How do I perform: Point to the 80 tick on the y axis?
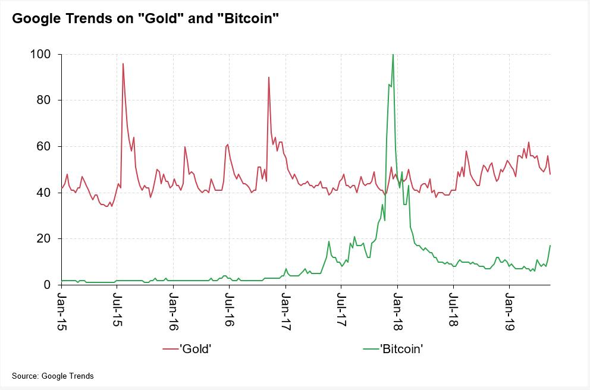(44, 100)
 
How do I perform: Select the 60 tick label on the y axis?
(44, 147)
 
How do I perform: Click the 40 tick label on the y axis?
(44, 193)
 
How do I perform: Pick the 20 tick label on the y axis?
(44, 239)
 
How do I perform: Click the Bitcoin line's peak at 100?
(393, 55)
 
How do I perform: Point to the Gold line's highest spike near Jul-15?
(123, 64)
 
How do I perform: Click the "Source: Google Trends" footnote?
(53, 376)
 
